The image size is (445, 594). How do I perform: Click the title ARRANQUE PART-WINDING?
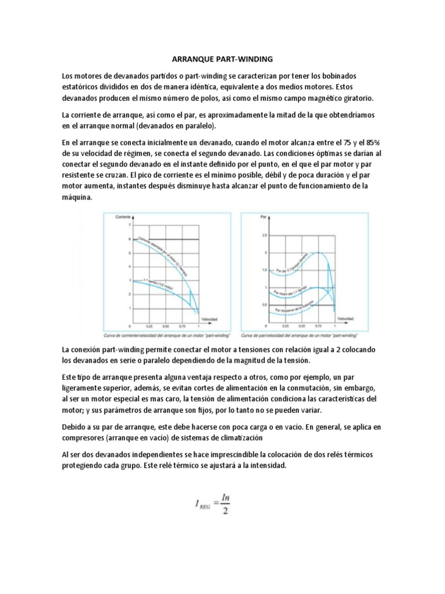click(x=222, y=59)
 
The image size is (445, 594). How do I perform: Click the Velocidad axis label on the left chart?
click(x=209, y=319)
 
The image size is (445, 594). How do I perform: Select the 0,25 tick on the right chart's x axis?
click(x=286, y=327)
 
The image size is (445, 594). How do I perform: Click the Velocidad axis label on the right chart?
click(x=344, y=319)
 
